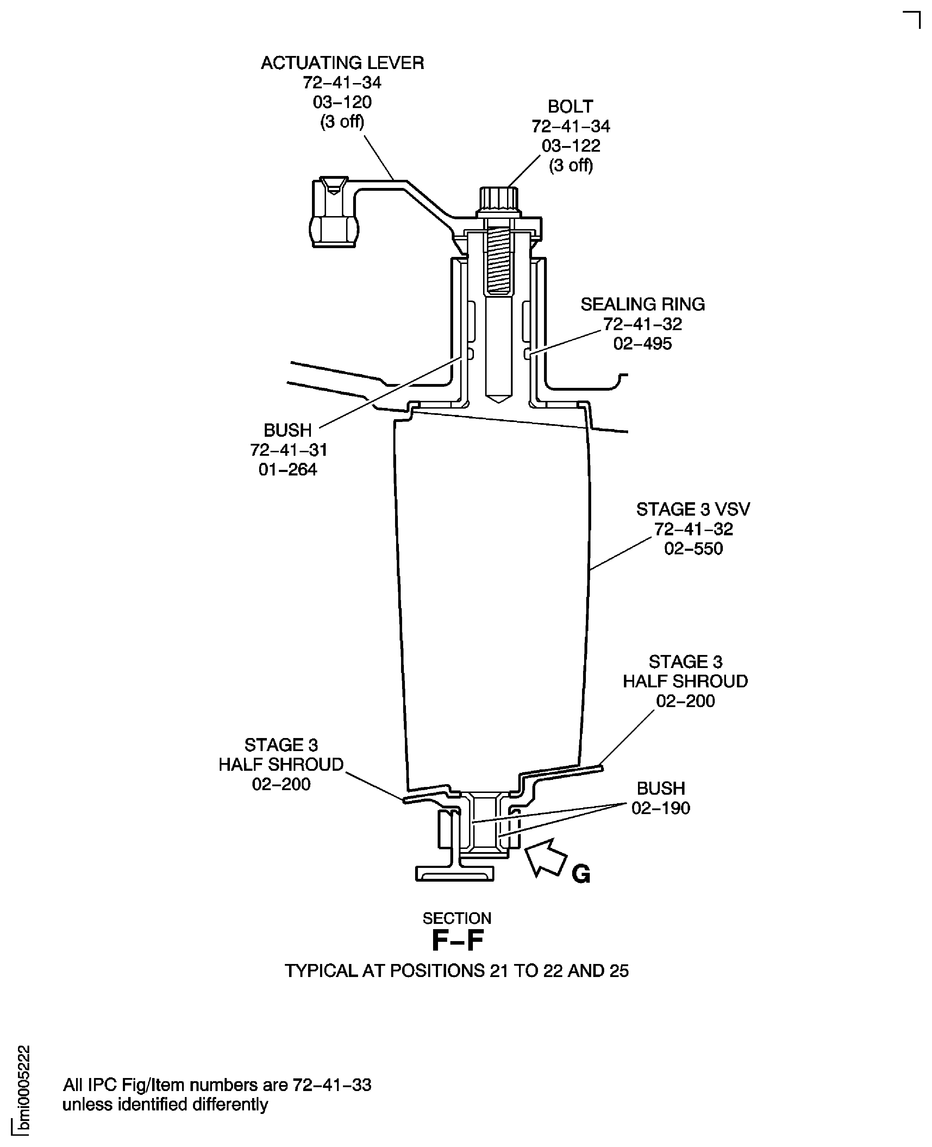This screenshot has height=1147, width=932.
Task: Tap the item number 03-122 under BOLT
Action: click(x=571, y=145)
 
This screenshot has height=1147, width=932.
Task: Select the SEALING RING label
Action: click(x=643, y=304)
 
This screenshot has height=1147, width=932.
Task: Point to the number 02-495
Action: click(x=643, y=344)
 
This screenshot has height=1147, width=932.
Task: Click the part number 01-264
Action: click(x=288, y=469)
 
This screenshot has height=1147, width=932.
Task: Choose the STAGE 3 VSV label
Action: click(x=693, y=509)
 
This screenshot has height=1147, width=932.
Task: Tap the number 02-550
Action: click(x=694, y=549)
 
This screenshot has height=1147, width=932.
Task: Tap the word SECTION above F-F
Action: click(x=457, y=918)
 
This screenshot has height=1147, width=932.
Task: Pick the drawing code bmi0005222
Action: click(x=24, y=1090)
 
